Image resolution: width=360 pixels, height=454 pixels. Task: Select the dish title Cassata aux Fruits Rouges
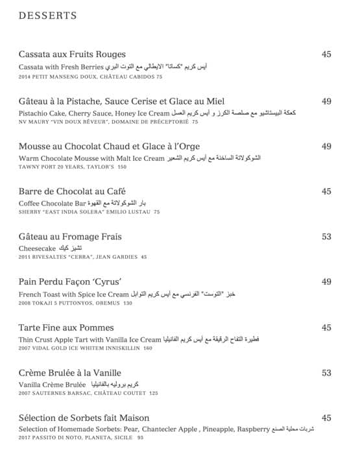click(72, 54)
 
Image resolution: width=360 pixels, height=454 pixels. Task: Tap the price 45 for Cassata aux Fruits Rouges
click(326, 54)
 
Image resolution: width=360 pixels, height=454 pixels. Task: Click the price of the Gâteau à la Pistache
click(326, 101)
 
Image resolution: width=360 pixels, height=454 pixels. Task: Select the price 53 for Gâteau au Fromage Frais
click(326, 237)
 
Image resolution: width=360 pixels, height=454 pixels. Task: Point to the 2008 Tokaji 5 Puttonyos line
click(75, 303)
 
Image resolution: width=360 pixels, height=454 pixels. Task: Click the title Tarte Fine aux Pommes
click(66, 328)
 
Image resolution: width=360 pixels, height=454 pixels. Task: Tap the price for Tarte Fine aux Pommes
click(326, 328)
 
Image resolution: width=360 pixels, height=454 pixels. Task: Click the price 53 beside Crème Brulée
click(326, 373)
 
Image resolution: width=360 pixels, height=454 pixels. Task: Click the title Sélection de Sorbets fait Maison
click(84, 418)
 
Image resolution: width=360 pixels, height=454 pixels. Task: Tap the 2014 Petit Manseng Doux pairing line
click(90, 76)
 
